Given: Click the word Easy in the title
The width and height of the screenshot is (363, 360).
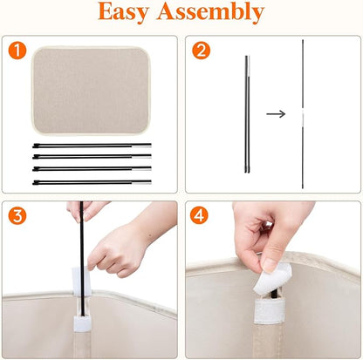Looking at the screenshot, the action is [x=124, y=12].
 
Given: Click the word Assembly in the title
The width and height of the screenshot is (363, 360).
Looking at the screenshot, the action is [x=210, y=12].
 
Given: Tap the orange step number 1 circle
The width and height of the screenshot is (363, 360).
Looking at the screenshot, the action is [x=17, y=51].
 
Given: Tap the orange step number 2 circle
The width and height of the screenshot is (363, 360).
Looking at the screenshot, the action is [x=201, y=51].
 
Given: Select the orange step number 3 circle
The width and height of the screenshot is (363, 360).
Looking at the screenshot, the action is [x=17, y=215].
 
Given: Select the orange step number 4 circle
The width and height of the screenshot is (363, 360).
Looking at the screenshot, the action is [x=199, y=215].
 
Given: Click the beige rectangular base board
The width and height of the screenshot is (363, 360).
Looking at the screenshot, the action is [x=91, y=91].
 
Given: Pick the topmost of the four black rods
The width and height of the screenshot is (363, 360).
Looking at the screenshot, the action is [x=92, y=146].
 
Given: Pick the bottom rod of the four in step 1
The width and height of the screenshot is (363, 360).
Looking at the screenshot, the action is [x=92, y=182].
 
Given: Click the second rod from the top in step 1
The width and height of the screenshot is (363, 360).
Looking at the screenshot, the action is [x=92, y=157].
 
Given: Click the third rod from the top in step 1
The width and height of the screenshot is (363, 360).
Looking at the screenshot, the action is [x=92, y=168].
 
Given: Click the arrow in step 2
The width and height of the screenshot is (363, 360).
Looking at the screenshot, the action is [x=276, y=114].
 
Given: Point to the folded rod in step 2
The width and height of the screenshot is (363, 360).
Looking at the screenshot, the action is [x=247, y=114].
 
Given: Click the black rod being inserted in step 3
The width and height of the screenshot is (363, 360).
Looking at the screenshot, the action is [x=82, y=259].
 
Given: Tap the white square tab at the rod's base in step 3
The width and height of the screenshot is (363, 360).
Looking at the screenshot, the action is [x=82, y=323].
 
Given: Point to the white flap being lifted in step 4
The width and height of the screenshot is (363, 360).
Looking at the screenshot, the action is [x=272, y=278].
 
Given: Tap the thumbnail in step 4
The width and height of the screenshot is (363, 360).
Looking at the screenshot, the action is [x=270, y=265].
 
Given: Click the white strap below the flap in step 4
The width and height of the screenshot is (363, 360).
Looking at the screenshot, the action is [x=270, y=310].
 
